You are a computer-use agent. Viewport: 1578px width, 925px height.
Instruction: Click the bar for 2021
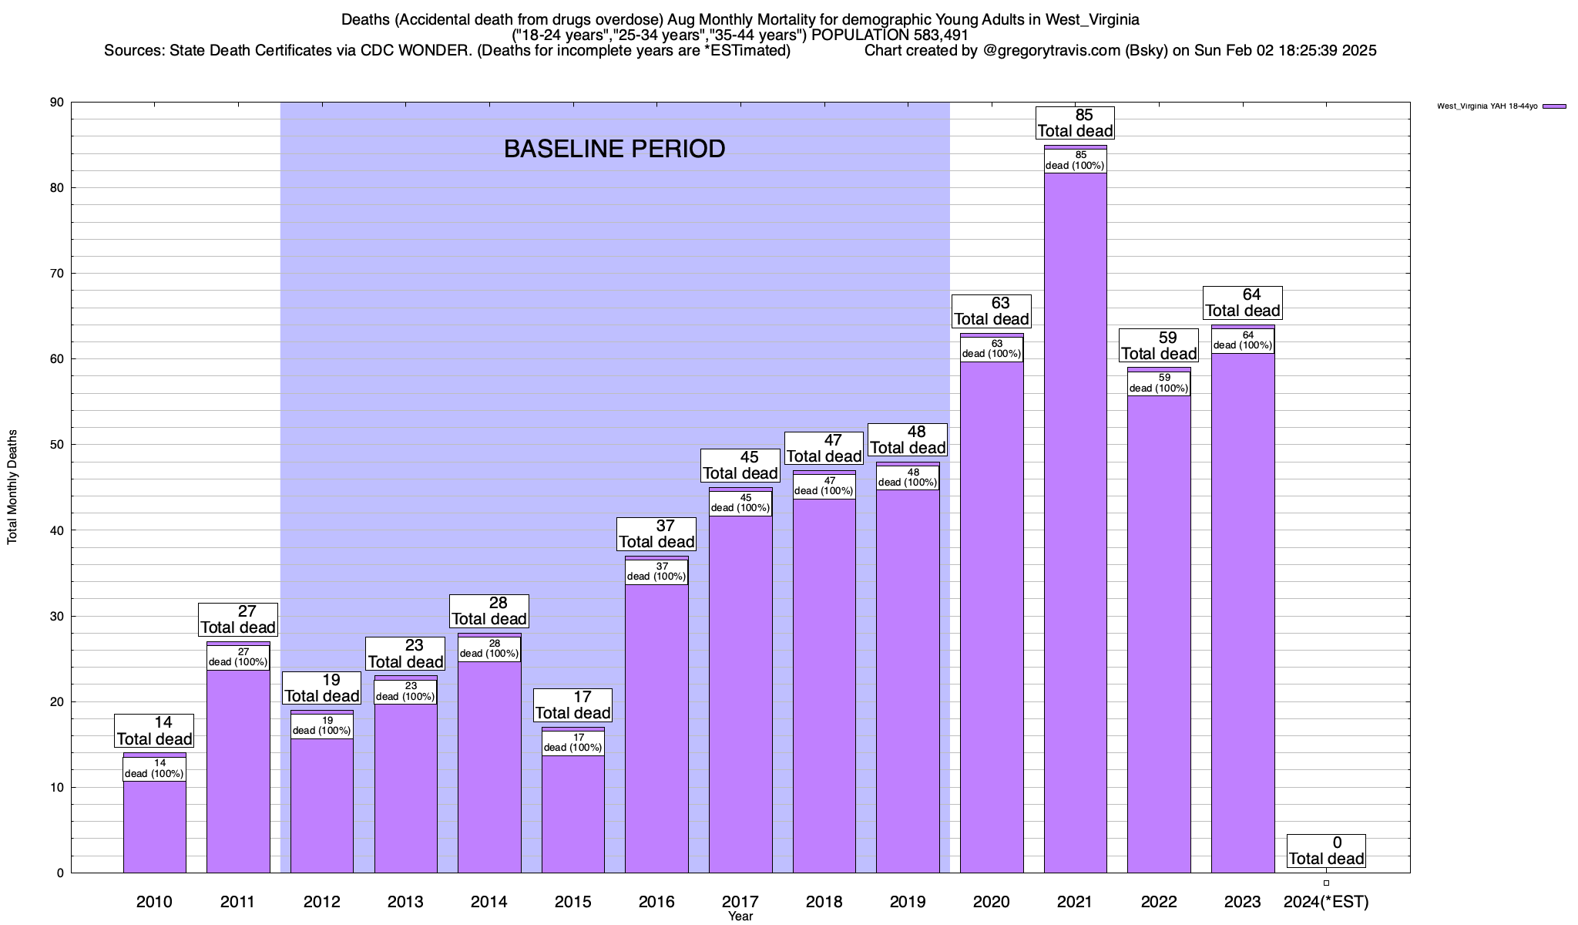(1075, 524)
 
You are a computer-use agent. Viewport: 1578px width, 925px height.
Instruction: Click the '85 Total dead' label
(1075, 123)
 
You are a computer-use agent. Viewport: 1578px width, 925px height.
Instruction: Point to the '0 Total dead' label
(1326, 851)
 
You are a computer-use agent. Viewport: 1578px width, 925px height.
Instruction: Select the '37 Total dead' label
(656, 534)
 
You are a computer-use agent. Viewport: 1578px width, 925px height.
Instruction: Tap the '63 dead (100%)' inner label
(992, 349)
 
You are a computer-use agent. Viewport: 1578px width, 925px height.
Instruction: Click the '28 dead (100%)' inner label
(489, 649)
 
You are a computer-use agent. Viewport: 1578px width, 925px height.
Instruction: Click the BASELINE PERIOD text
(614, 149)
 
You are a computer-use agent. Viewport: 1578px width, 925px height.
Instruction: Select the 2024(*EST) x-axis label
(1326, 902)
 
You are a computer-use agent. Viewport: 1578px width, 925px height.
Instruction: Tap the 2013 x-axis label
(405, 902)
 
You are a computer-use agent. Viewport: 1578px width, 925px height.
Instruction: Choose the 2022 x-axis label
(1159, 902)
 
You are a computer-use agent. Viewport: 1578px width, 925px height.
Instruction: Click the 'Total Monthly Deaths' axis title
(12, 487)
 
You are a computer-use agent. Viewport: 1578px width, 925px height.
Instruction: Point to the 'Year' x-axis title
(740, 917)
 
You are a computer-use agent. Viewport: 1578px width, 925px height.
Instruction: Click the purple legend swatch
(1554, 106)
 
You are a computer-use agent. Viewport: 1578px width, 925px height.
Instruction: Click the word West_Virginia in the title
(1092, 20)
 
